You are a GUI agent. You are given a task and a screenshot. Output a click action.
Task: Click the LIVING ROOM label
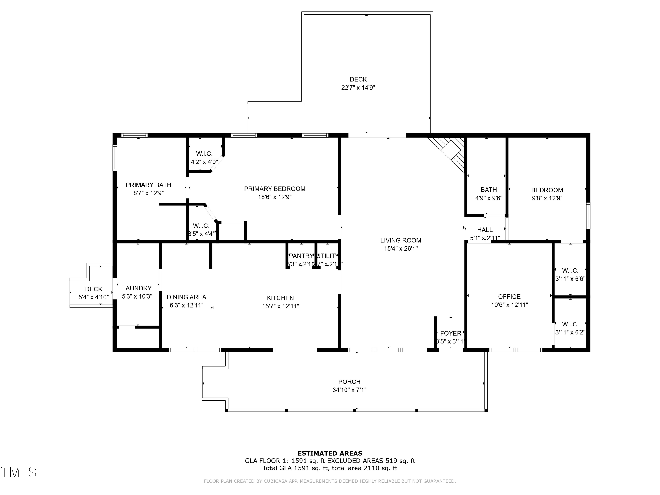[x=400, y=240]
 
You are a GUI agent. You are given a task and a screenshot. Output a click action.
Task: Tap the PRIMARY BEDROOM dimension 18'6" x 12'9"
[x=275, y=197]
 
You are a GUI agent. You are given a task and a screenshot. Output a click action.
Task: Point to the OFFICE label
[x=509, y=297]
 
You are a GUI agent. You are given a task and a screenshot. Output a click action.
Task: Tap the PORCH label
[x=349, y=382]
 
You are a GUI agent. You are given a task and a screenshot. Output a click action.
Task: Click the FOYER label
[x=451, y=333]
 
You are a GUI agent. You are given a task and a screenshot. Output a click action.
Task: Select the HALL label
[x=485, y=230]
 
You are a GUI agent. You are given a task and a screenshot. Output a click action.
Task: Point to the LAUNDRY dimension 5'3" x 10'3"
[x=137, y=296]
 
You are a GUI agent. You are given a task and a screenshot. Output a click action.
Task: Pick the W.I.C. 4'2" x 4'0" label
[x=204, y=158]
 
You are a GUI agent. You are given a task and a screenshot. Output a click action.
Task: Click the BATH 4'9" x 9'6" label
[x=489, y=194]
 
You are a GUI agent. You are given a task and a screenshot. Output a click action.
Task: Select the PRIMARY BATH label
[x=148, y=185]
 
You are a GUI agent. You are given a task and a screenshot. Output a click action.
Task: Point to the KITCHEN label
[x=280, y=298]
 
